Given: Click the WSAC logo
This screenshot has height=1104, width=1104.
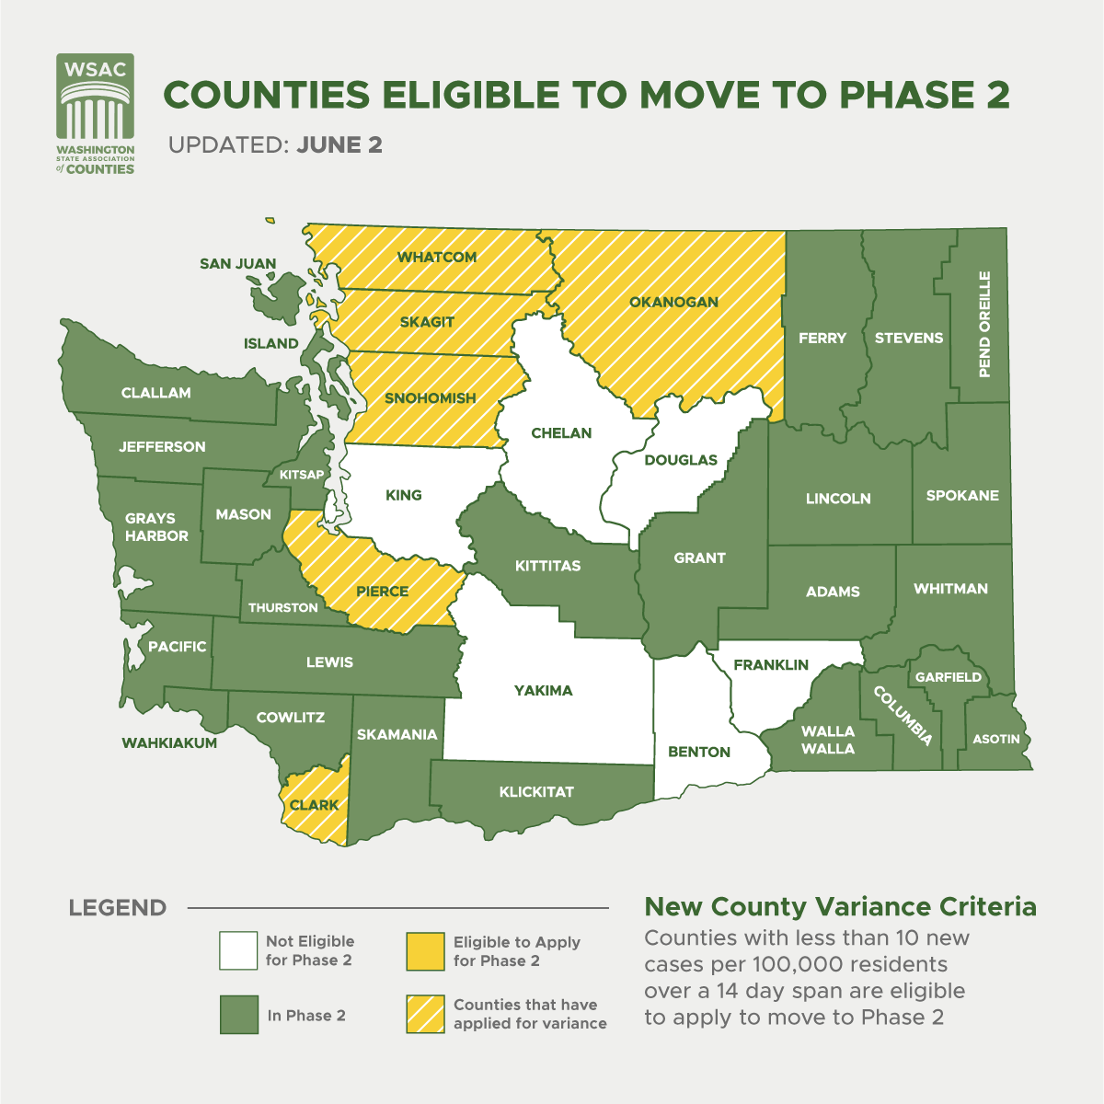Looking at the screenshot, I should click(x=96, y=114).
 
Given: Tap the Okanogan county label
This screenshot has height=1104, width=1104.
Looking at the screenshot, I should click(x=674, y=302).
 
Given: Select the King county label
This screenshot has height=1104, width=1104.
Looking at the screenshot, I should click(x=404, y=495).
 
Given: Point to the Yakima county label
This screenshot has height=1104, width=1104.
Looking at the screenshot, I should click(x=544, y=690).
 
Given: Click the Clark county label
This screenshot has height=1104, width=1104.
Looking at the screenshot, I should click(x=315, y=805).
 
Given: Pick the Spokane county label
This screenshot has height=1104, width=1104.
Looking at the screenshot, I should click(x=962, y=495).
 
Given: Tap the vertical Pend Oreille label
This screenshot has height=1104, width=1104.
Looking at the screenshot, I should click(x=984, y=324).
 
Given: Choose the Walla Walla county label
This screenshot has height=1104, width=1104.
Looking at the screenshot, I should click(x=828, y=740).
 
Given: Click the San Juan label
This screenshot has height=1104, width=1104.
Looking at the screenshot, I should click(x=238, y=264).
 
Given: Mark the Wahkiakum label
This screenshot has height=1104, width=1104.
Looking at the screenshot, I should click(x=170, y=742).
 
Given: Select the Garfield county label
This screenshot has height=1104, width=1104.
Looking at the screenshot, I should click(x=949, y=677).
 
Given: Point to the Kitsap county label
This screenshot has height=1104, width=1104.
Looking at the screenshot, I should click(x=302, y=475).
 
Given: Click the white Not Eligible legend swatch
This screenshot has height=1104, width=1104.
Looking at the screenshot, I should click(x=238, y=951).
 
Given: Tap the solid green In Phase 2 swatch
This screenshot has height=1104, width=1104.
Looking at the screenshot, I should click(x=238, y=1015).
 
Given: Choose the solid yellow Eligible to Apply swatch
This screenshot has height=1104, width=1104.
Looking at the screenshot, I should click(x=424, y=951).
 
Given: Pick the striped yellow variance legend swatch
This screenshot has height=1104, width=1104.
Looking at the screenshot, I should click(x=424, y=1015).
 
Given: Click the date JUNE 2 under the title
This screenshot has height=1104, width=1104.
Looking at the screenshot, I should click(x=339, y=145).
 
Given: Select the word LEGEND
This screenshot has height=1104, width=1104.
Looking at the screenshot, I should click(x=118, y=908).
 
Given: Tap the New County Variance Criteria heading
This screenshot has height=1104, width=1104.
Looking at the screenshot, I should click(x=840, y=907).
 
